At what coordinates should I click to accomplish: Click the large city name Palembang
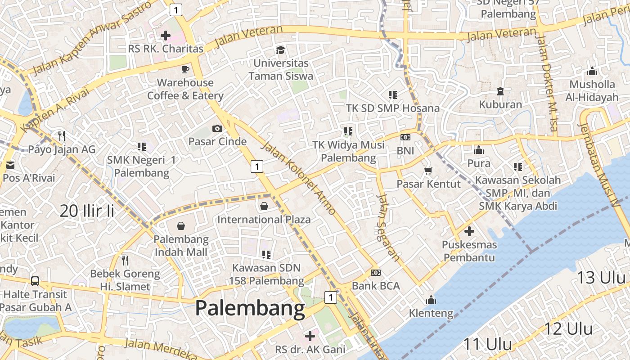[250, 309]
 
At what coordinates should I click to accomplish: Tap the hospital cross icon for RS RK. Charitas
[166, 35]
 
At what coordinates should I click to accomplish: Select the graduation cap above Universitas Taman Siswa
[281, 49]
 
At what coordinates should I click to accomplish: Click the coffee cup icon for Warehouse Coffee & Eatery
[185, 69]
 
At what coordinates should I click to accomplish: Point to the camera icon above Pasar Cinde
[217, 129]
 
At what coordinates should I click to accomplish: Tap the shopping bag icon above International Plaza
[264, 206]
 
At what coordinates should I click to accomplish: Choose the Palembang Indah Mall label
[181, 246]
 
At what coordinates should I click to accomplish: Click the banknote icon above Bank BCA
[376, 273]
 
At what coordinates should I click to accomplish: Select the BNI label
[405, 151]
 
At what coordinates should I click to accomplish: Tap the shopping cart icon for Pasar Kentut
[428, 171]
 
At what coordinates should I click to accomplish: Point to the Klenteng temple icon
[431, 299]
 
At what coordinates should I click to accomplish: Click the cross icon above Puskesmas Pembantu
[469, 232]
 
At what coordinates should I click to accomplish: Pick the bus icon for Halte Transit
[35, 281]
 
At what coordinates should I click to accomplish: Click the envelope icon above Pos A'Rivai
[10, 165]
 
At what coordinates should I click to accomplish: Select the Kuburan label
[500, 105]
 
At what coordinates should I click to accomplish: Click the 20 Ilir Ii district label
[87, 211]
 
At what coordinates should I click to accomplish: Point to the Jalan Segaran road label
[388, 227]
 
